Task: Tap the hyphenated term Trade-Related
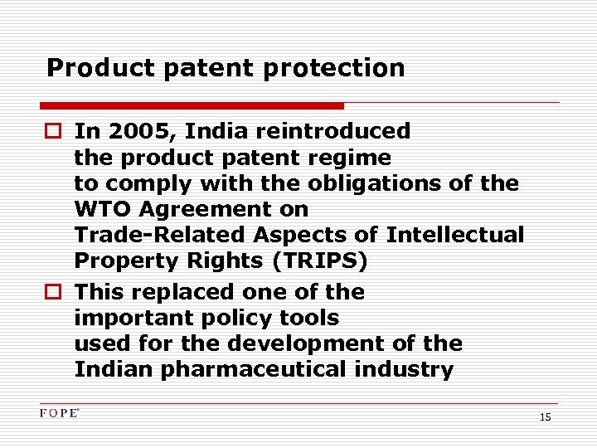145,235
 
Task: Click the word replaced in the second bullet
180,292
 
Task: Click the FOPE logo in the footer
59,413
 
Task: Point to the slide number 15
545,417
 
